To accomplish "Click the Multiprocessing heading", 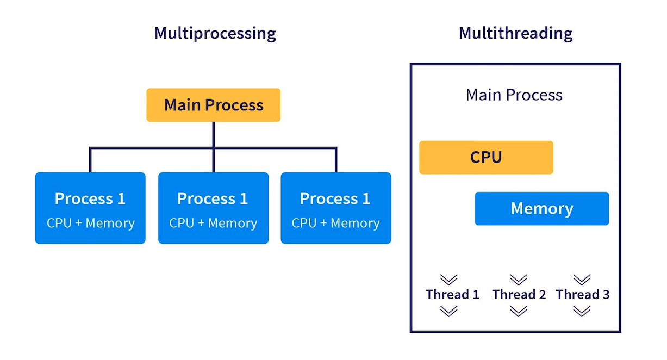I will point(215,33).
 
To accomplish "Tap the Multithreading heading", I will point(515,33).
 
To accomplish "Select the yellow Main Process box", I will point(213,105).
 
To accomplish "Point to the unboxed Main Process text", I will point(514,95).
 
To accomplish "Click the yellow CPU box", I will point(486,158).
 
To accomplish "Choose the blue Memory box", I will point(541,209).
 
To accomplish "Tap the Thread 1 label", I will point(452,295).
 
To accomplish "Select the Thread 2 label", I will point(519,295).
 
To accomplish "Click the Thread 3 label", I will point(582,295).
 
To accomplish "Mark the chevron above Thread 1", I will point(448,280).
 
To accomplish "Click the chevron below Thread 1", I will point(448,311).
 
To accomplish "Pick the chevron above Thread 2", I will point(519,280).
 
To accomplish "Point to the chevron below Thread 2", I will point(519,311).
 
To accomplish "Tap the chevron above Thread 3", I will point(582,280).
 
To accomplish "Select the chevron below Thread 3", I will point(582,311).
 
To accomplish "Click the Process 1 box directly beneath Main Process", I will point(213,208).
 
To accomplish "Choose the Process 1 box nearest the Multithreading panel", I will point(335,208).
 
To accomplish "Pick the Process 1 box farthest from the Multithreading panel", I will point(90,208).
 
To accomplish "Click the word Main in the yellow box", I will point(183,105).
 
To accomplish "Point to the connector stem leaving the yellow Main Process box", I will point(213,134).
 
